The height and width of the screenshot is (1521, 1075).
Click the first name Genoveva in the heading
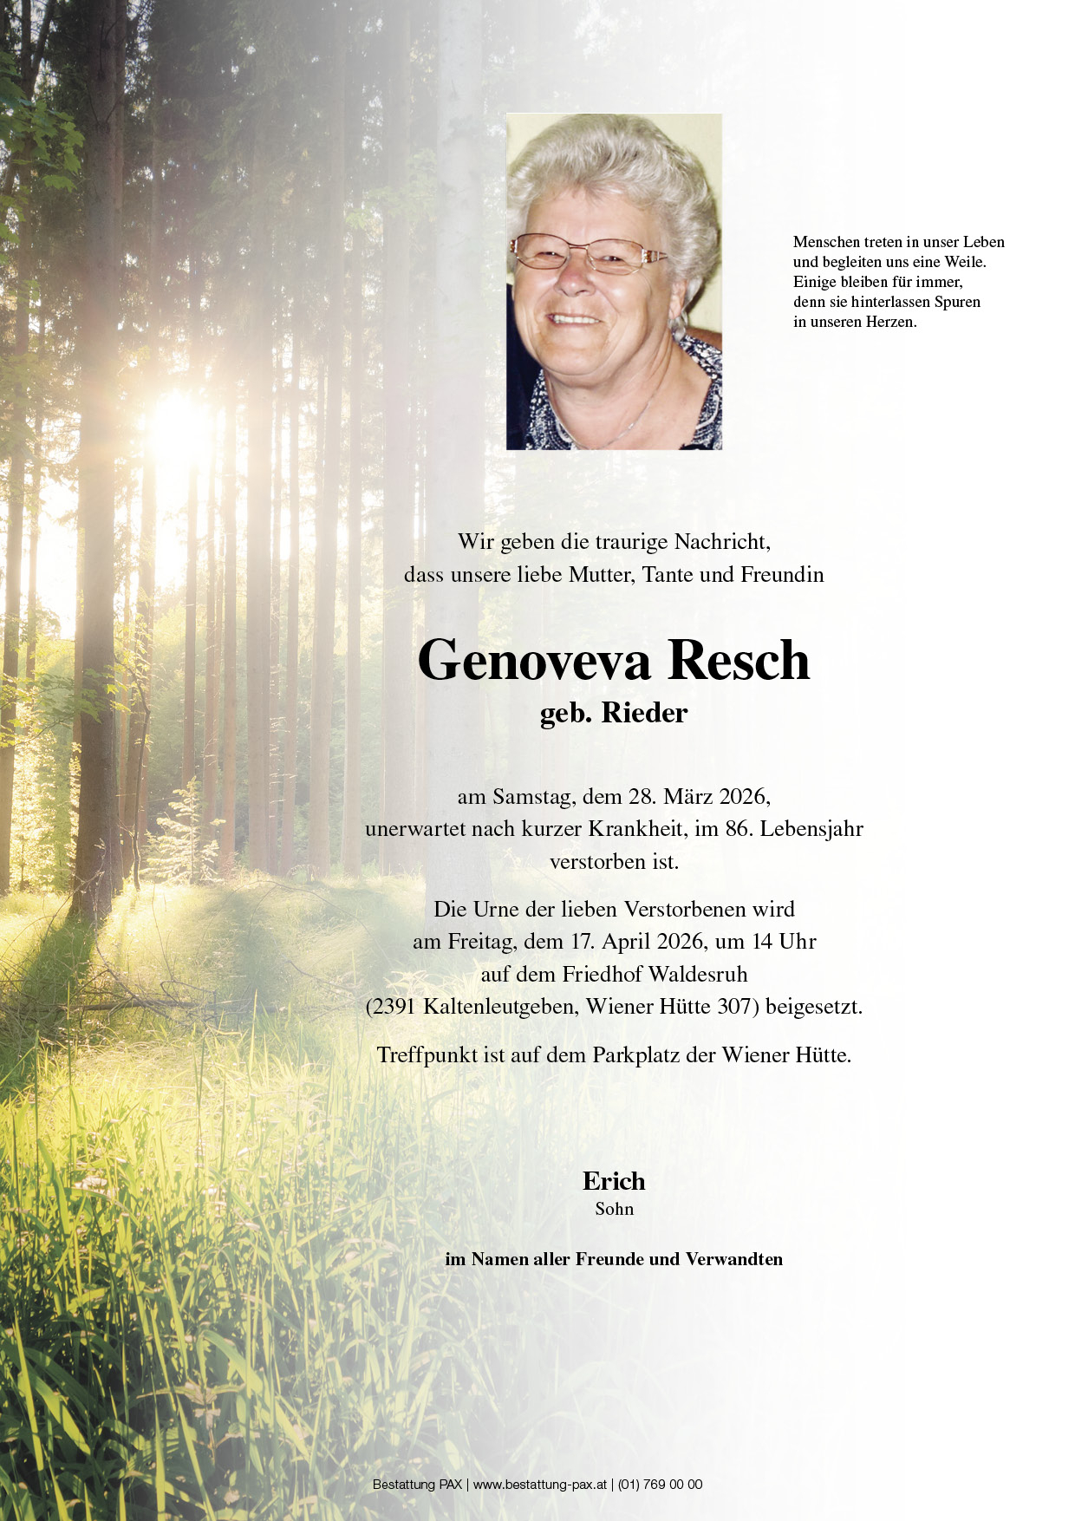tap(533, 661)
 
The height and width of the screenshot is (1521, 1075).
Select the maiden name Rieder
tap(644, 713)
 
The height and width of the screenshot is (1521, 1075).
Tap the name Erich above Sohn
tap(614, 1181)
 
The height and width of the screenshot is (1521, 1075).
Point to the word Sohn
tap(614, 1209)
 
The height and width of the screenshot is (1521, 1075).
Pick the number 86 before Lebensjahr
tap(738, 828)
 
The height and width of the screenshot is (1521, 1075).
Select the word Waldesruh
tap(698, 974)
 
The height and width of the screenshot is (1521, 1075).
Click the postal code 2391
tap(394, 1007)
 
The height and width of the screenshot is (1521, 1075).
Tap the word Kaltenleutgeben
tap(499, 1007)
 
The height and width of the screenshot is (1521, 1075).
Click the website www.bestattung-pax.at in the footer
tap(540, 1485)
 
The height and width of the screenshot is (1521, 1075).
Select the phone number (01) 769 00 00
tap(660, 1485)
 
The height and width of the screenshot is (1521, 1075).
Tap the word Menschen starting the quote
tap(826, 242)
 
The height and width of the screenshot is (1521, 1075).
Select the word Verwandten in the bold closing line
tap(733, 1259)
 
